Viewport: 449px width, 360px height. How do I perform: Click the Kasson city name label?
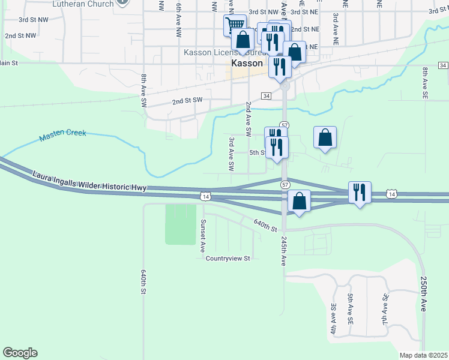[247, 63]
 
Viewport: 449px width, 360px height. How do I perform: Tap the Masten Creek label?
[63, 136]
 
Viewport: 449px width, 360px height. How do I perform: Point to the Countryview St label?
[228, 259]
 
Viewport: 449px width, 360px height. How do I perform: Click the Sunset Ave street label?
[203, 235]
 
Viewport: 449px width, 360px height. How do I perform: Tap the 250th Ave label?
[423, 293]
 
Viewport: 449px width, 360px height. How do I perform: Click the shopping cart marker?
[235, 25]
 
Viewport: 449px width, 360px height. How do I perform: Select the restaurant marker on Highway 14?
[359, 192]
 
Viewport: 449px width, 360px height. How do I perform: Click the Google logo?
[20, 353]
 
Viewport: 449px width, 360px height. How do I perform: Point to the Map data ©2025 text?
[423, 355]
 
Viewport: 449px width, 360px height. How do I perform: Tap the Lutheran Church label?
[83, 4]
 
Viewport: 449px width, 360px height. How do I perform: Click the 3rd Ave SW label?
[231, 154]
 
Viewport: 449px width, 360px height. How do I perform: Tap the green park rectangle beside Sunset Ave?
[180, 224]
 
